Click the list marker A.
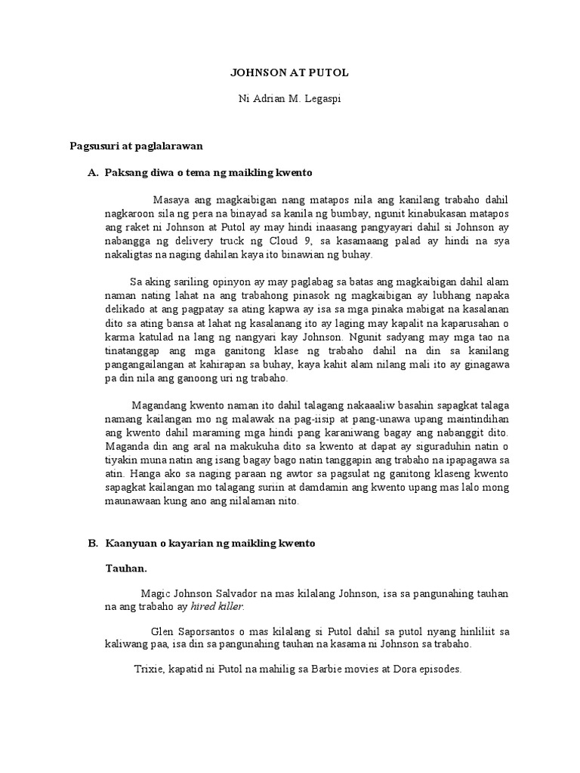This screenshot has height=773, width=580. (94, 173)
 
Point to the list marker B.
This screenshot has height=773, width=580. (94, 543)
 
